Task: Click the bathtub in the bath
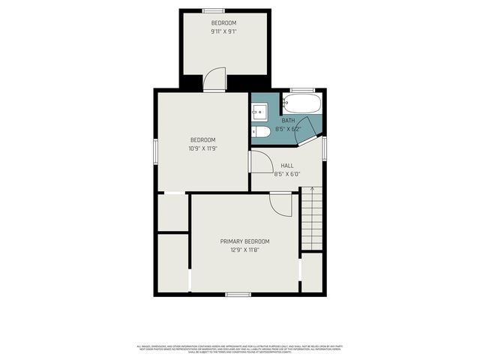(x=302, y=103)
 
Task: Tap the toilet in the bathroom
(x=261, y=132)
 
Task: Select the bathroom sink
(x=259, y=113)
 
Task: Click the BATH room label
(x=288, y=120)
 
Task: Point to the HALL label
(x=287, y=165)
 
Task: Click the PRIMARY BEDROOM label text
(x=244, y=241)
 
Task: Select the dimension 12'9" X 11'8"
(x=244, y=250)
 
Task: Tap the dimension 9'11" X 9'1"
(x=223, y=32)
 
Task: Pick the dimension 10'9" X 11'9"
(x=202, y=148)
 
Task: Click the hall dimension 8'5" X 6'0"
(x=287, y=174)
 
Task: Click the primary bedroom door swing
(x=280, y=205)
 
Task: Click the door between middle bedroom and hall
(x=260, y=163)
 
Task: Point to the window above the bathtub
(x=302, y=90)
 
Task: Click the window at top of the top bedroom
(x=214, y=10)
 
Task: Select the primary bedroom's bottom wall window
(x=238, y=294)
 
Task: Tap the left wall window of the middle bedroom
(x=155, y=149)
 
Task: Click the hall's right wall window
(x=325, y=148)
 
